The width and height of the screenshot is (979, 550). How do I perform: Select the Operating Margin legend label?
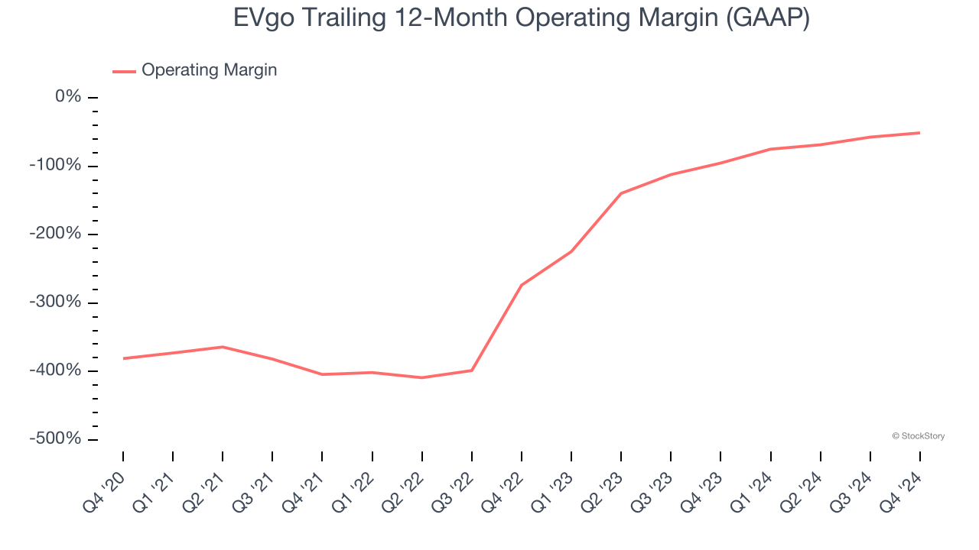[x=210, y=70]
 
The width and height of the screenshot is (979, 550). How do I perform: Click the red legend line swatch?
[x=124, y=71]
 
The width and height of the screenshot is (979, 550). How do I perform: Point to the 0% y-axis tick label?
[x=68, y=97]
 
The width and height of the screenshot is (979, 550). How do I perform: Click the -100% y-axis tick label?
[x=55, y=166]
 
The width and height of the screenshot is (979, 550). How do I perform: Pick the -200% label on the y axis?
[x=55, y=234]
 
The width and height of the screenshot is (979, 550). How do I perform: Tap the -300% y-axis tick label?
[x=55, y=302]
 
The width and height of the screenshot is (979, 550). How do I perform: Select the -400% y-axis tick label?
[x=55, y=370]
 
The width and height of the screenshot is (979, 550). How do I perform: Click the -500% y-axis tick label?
[x=55, y=439]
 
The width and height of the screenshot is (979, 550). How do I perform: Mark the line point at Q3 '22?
[x=472, y=370]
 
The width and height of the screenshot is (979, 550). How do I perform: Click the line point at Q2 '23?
[x=621, y=193]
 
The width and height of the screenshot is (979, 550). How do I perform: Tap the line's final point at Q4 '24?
[x=919, y=133]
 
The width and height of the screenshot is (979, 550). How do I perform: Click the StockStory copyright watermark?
[x=918, y=436]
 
